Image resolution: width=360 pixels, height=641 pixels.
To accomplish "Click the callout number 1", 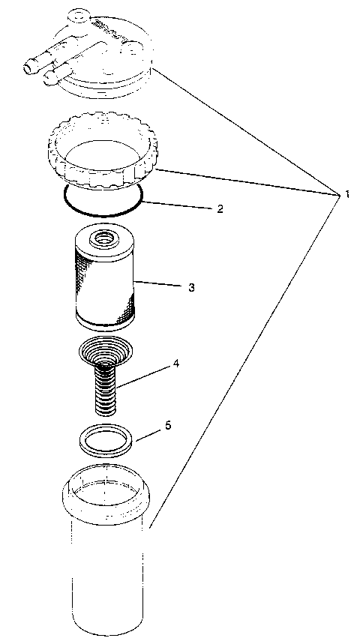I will (x=347, y=195).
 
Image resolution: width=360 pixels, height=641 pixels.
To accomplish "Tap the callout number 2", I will (x=220, y=209).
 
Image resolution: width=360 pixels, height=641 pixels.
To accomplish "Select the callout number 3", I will (x=192, y=287).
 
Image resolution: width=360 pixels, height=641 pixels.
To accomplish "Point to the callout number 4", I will (x=175, y=364).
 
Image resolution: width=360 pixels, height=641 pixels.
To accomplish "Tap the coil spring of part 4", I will (x=106, y=390).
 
